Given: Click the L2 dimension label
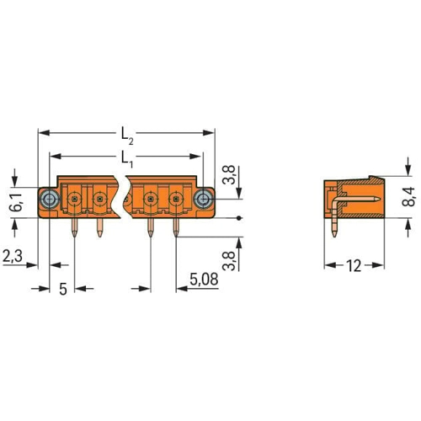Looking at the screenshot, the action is pyautogui.click(x=127, y=136).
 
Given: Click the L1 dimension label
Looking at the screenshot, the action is pyautogui.click(x=127, y=159).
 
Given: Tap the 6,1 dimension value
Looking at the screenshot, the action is pyautogui.click(x=15, y=202).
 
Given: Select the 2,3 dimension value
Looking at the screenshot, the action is pyautogui.click(x=13, y=256).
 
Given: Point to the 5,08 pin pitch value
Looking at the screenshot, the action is pyautogui.click(x=204, y=280).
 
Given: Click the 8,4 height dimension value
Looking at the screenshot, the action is pyautogui.click(x=408, y=196).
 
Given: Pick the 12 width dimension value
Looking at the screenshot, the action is pyautogui.click(x=354, y=266).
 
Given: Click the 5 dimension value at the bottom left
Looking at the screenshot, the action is pyautogui.click(x=63, y=289).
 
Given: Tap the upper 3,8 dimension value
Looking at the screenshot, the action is pyautogui.click(x=228, y=174).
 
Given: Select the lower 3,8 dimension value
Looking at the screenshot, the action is pyautogui.click(x=228, y=261).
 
